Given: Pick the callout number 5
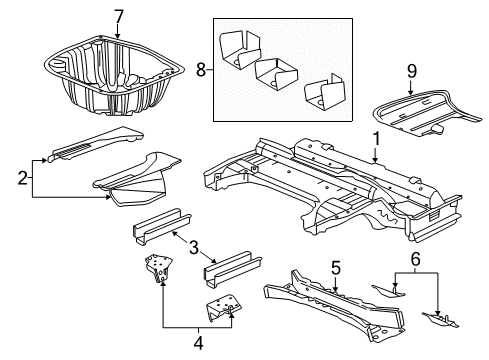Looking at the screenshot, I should click(x=336, y=267).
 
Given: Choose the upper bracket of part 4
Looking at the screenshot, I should click(x=158, y=271).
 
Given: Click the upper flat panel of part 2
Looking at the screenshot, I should click(x=90, y=149).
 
